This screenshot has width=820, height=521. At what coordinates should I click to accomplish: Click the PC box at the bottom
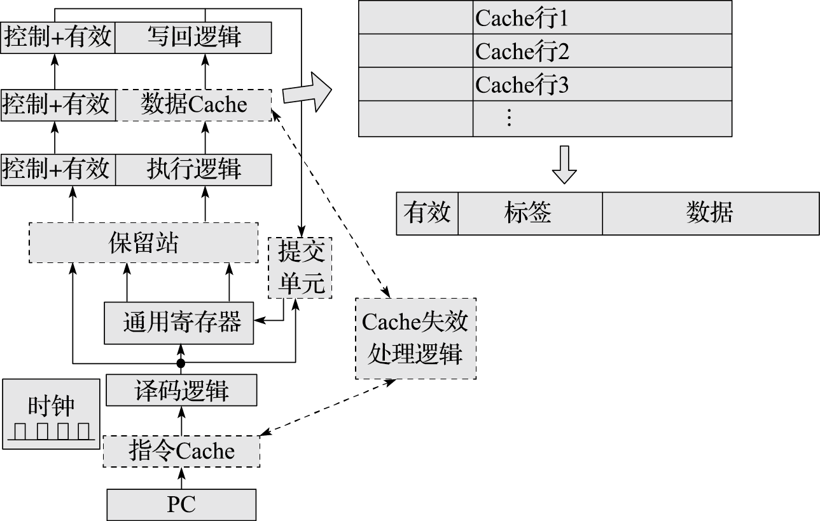[x=181, y=504]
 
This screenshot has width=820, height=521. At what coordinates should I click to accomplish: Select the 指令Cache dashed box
[x=181, y=451]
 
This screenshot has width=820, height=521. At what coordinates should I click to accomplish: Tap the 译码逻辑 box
[x=181, y=390]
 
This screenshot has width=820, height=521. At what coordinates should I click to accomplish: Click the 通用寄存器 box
[x=181, y=323]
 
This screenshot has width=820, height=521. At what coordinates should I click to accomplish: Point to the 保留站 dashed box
[x=144, y=243]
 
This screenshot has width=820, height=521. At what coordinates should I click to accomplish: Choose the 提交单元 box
[x=301, y=267]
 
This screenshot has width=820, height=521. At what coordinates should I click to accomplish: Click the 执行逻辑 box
[x=194, y=170]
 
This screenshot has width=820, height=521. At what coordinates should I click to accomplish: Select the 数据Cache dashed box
[x=194, y=104]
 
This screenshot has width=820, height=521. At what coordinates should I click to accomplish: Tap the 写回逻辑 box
[x=194, y=37]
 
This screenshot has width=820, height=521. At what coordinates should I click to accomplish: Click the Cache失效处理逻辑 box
[x=415, y=338]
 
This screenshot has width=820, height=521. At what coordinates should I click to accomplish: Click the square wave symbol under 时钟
[x=51, y=432]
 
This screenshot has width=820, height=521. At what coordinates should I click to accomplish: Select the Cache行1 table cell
[x=602, y=18]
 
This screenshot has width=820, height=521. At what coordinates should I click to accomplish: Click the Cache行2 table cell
[x=602, y=51]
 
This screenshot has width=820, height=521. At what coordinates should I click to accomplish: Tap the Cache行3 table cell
[x=602, y=85]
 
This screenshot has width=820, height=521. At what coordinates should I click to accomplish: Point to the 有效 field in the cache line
[x=427, y=213]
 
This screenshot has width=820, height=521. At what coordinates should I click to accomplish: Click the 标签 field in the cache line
[x=529, y=213]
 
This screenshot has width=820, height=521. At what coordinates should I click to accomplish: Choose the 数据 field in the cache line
[x=710, y=213]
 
